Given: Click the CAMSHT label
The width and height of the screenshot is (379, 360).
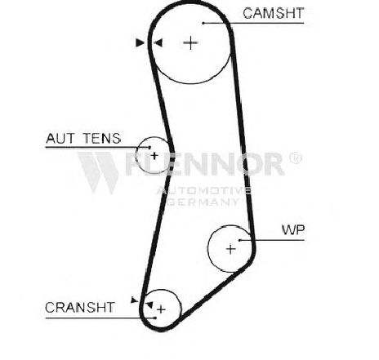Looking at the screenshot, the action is click(x=273, y=13).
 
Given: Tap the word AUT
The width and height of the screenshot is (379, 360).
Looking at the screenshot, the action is click(x=60, y=138).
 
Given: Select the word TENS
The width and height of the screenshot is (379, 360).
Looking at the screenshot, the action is click(x=102, y=138).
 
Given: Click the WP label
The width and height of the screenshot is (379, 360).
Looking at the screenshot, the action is click(x=293, y=230).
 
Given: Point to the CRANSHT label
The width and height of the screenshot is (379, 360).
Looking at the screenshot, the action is click(x=80, y=308).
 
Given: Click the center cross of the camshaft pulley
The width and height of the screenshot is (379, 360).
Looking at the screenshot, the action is click(x=190, y=42).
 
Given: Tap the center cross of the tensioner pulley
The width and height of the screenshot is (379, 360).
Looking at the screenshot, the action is click(x=154, y=156).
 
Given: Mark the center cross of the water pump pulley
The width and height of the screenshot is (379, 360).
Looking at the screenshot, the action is click(x=231, y=249).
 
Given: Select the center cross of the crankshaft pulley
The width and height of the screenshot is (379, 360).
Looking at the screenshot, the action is click(x=161, y=309).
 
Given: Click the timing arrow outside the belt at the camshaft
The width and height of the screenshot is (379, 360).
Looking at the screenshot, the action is click(x=140, y=42).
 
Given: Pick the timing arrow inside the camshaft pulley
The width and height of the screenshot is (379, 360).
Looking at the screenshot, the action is click(x=158, y=42).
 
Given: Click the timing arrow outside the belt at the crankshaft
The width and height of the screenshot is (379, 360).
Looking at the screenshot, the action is click(x=134, y=300).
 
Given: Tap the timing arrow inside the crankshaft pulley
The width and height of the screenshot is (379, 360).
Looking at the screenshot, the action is click(x=149, y=304).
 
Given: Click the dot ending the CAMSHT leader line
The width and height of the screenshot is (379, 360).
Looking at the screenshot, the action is click(x=203, y=23).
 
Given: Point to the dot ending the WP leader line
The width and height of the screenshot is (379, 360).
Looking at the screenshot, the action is click(x=239, y=240).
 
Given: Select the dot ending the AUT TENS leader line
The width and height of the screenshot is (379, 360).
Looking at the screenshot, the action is click(x=149, y=148).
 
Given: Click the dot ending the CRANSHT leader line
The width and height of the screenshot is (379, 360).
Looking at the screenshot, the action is click(x=155, y=318).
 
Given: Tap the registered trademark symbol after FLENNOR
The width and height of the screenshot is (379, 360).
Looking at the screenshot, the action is click(x=295, y=158).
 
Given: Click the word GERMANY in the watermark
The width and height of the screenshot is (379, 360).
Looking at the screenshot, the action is click(x=203, y=202).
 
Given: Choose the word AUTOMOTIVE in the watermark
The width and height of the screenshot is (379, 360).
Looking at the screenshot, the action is click(x=204, y=190).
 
